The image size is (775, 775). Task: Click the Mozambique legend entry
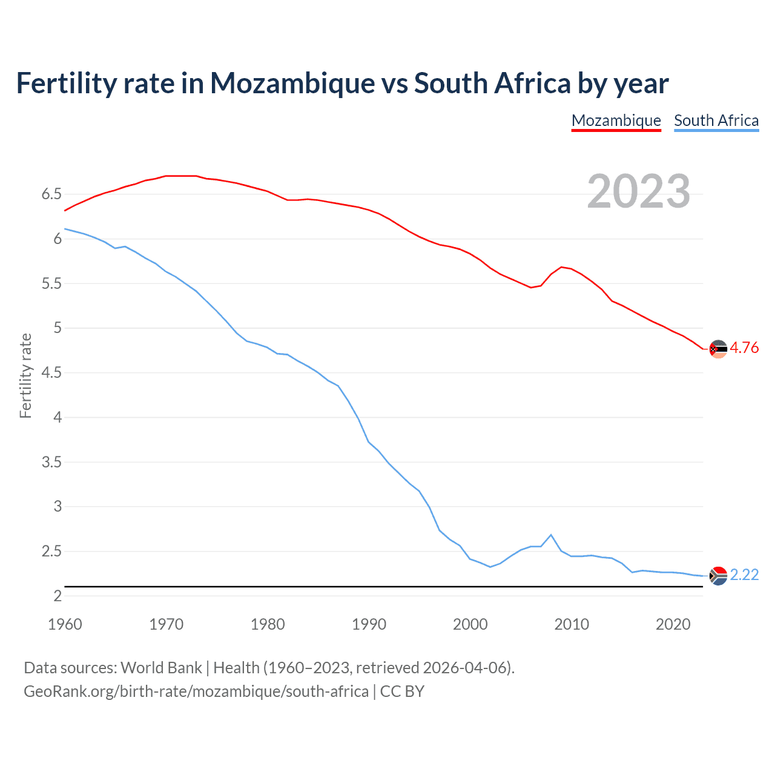(616, 120)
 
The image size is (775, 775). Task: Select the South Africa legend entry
(716, 120)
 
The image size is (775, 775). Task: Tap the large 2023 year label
(639, 191)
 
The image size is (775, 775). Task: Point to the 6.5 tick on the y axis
(51, 194)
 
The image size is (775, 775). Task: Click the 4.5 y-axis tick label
(51, 373)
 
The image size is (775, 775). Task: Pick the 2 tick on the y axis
(58, 596)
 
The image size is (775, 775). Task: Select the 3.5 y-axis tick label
(51, 463)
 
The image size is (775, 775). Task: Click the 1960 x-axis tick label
(65, 624)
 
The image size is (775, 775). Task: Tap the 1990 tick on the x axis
(369, 624)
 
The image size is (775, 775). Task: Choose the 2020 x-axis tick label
(673, 624)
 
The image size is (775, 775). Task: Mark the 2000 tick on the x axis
(470, 624)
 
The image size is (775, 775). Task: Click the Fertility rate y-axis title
(25, 375)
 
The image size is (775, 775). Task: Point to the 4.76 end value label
(744, 348)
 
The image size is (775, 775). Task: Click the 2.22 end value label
(744, 575)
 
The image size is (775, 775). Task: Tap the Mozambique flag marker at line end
(718, 349)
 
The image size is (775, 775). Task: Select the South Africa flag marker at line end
(718, 576)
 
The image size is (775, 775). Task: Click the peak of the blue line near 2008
(550, 535)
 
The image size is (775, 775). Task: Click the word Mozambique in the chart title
(292, 84)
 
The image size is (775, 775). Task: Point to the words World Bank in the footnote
(161, 668)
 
